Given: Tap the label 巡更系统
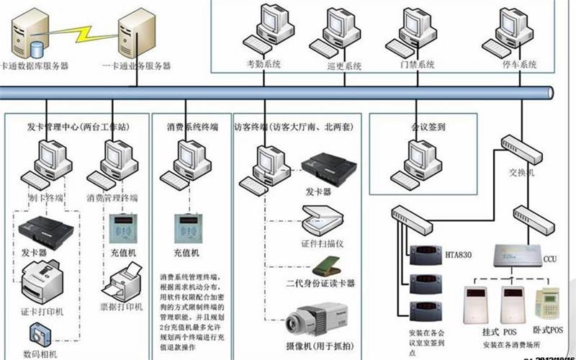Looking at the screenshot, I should (343, 66).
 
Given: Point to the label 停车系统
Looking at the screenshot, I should (520, 65).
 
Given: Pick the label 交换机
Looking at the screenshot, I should (523, 173).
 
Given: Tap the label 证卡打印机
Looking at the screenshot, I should (42, 311).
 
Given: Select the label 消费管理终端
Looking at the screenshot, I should (114, 197).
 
